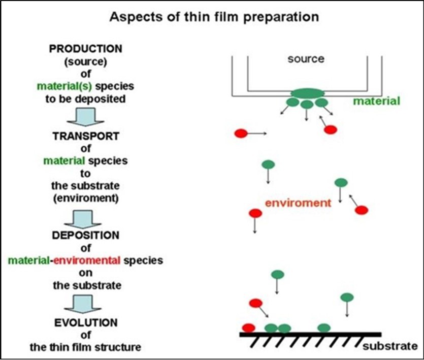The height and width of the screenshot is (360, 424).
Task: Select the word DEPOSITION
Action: point(85,236)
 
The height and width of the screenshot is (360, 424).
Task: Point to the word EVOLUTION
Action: point(85,323)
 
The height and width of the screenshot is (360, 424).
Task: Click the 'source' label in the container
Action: point(306,59)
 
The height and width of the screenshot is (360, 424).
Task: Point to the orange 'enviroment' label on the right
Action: point(298,203)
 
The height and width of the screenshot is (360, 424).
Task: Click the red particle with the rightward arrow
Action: point(241,134)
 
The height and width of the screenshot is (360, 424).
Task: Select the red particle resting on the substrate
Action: point(248,328)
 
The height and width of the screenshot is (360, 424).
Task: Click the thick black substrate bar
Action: point(310,334)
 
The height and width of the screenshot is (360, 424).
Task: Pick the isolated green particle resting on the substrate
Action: point(323,328)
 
